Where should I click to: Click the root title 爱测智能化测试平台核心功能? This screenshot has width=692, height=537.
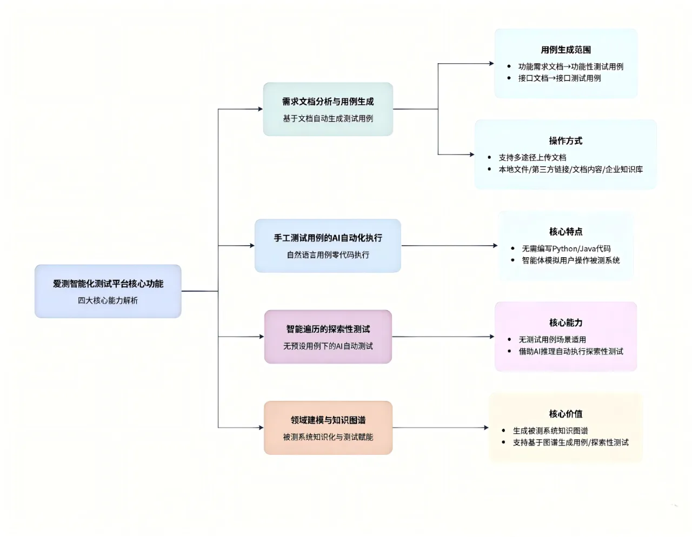coord(108,284)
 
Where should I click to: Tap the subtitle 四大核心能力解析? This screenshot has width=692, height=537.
coord(108,300)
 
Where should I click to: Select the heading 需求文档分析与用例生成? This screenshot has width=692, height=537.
coord(328,102)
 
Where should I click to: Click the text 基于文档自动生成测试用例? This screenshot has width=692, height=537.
coord(328,118)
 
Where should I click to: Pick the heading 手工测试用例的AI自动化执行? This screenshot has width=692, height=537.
coord(328,238)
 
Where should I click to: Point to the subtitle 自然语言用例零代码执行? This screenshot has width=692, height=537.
coord(328,254)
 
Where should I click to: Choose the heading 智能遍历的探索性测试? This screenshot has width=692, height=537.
coord(328,329)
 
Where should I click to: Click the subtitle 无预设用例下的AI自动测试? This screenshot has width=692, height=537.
coord(328,346)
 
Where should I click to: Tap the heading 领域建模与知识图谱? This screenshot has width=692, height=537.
coord(328,420)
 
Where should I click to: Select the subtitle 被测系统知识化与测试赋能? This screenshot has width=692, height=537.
coord(328,437)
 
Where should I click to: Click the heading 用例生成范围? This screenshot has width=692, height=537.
coord(565,50)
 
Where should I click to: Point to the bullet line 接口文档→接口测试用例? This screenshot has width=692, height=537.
coord(560,78)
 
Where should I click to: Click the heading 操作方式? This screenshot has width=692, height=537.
coord(565,141)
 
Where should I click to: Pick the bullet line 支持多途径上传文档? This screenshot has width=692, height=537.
coord(533,158)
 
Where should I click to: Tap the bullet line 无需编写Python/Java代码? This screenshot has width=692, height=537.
coord(566,249)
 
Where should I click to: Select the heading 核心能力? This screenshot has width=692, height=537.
coord(565,323)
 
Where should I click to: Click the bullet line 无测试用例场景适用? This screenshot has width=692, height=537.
coord(553,340)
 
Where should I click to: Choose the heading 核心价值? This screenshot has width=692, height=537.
coord(565,414)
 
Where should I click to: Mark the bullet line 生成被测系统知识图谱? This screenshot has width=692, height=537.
coord(550,431)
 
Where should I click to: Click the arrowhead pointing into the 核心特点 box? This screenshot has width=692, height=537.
coord(495,246)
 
